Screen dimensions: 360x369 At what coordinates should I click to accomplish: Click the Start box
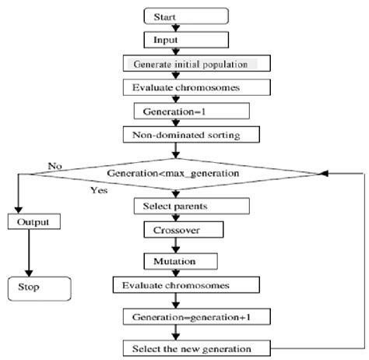point(186,15)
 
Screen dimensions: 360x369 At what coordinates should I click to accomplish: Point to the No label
point(54,166)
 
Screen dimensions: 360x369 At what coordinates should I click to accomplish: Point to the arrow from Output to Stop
point(29,252)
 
